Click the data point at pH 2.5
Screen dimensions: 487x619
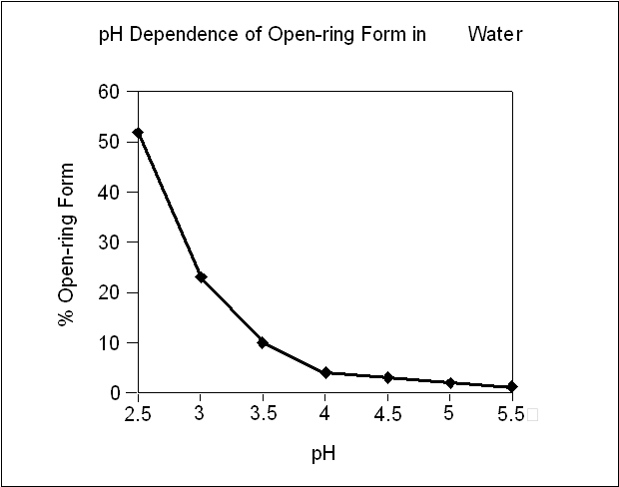138,133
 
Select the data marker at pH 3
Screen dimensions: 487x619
201,276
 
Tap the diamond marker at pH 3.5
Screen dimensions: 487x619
263,342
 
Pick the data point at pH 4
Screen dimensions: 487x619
325,372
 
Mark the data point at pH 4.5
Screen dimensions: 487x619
387,377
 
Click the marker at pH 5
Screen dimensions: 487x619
450,382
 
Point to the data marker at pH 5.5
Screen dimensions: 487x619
512,386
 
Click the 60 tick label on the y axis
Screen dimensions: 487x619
109,92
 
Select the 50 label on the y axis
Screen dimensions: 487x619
109,142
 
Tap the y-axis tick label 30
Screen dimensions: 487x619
109,243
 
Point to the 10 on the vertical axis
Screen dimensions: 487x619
109,343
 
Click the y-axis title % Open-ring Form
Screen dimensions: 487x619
66,244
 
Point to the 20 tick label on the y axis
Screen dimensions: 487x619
109,292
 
